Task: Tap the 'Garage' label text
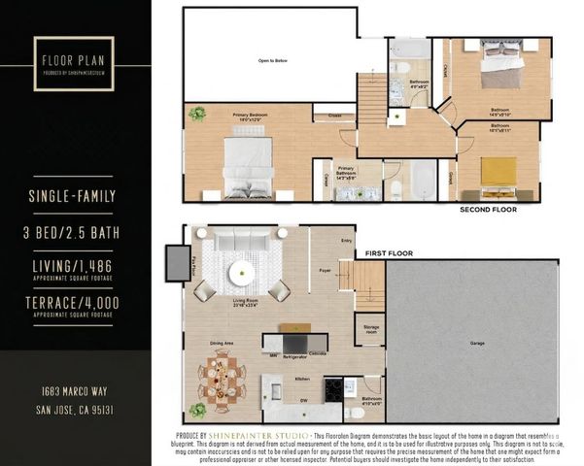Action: coord(477,343)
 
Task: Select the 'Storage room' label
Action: coord(370,330)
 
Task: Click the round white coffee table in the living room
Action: coord(242,275)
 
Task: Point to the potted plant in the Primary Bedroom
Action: coord(197,114)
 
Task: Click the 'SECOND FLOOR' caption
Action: coord(488,210)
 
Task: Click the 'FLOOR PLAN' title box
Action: coord(71,63)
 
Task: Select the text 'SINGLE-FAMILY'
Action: coord(73,197)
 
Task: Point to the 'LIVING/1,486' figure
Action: coord(73,267)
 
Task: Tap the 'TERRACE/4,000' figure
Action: coord(73,304)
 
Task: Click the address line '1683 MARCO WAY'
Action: coord(74,390)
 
